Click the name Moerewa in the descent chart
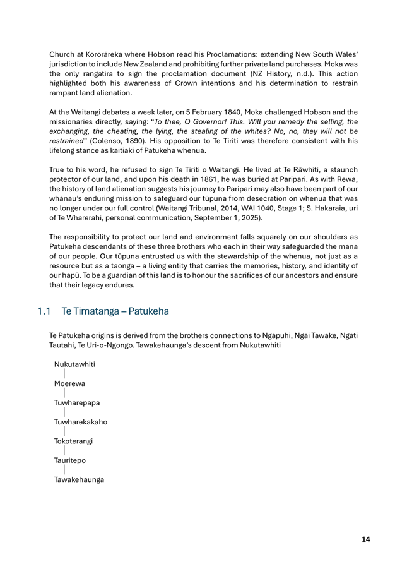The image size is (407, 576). pos(70,383)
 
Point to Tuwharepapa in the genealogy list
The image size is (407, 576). pos(76,403)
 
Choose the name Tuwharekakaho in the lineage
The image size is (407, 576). pos(80,422)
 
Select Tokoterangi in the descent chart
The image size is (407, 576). pos(73,441)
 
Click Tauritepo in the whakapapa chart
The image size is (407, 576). pos(69,460)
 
